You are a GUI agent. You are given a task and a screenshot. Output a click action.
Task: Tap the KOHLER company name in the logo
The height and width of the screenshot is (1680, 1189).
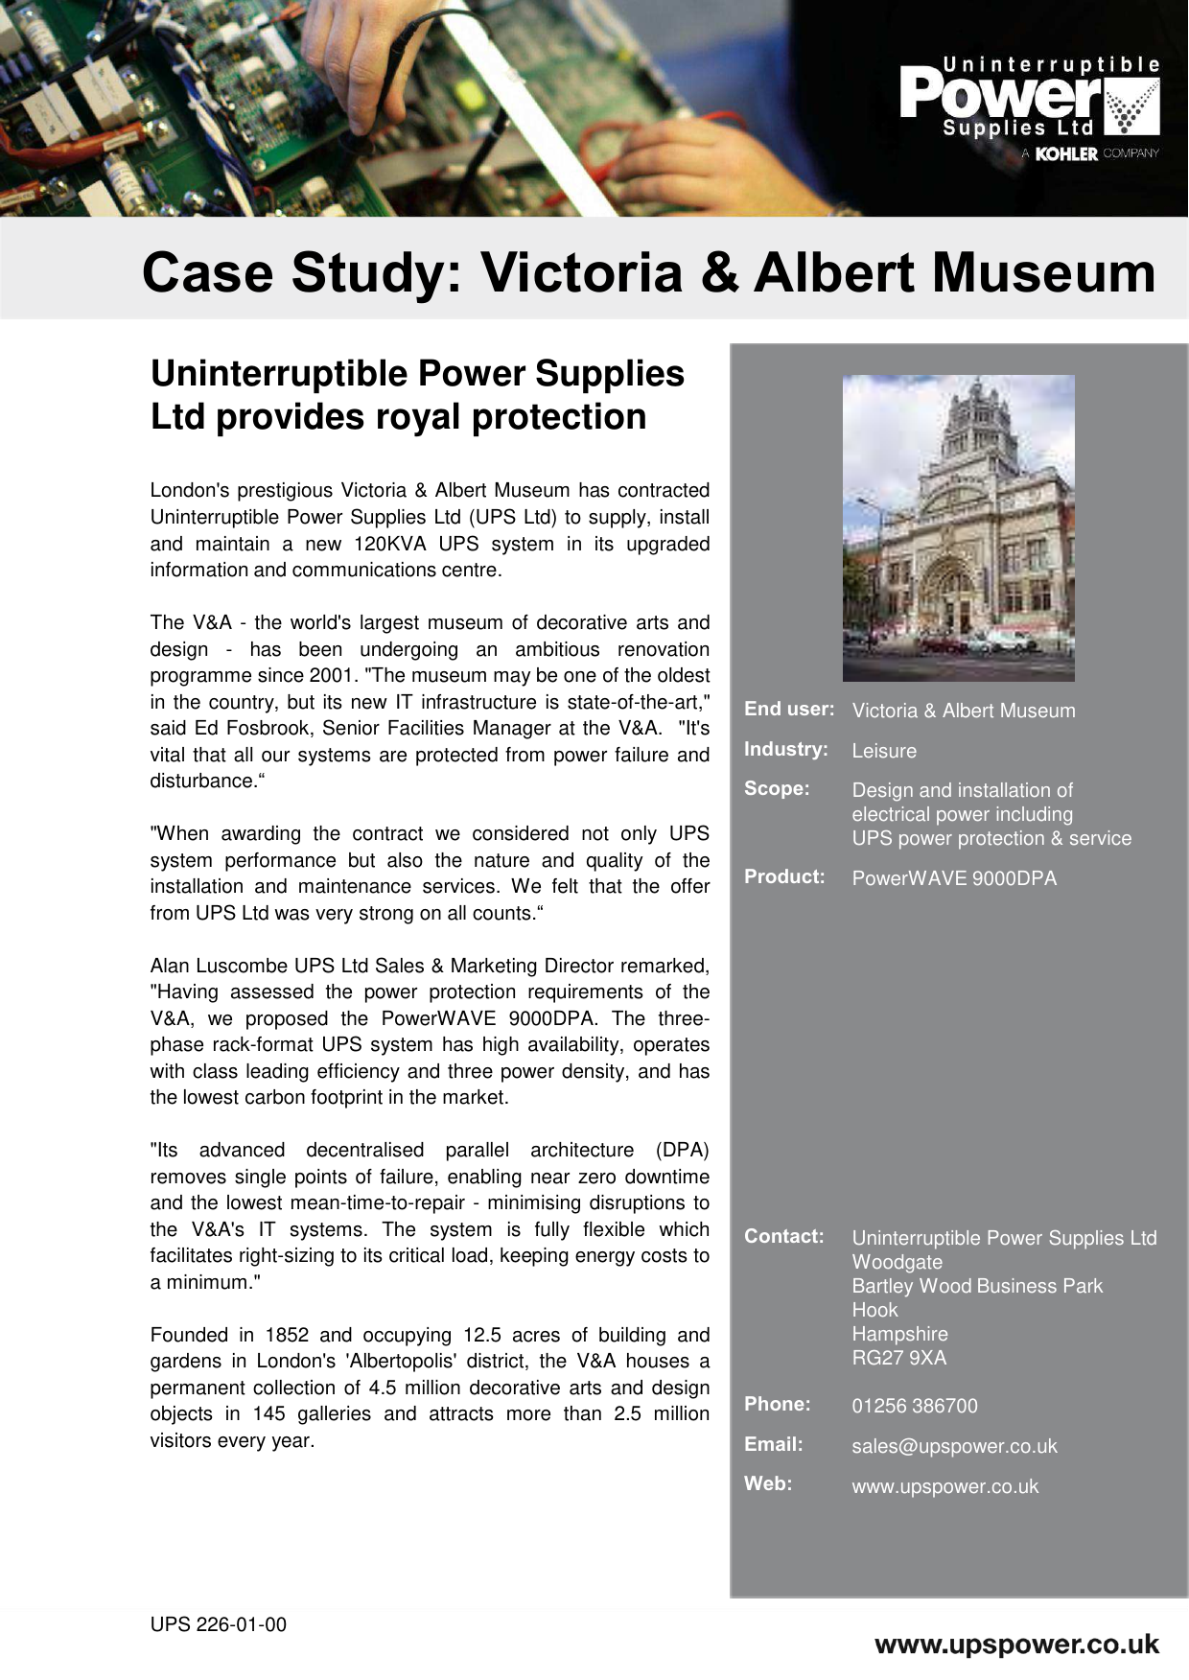point(1066,153)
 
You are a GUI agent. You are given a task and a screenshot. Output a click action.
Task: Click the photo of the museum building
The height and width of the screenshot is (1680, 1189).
point(958,527)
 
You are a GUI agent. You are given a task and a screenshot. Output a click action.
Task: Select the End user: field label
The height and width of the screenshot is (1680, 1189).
point(788,710)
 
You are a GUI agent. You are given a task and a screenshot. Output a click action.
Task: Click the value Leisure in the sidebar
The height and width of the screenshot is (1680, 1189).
point(884,751)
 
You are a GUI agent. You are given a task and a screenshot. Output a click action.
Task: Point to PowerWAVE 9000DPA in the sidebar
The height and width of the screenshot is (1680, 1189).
point(954,878)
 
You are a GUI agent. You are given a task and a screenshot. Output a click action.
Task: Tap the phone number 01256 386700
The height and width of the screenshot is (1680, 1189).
point(915,1406)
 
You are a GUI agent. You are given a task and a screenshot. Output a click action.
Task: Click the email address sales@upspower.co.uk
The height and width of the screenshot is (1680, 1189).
point(954,1446)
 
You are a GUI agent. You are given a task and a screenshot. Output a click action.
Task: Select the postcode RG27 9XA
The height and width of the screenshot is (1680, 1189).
point(898,1358)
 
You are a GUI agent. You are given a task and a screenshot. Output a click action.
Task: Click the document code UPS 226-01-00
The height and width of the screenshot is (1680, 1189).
point(218,1624)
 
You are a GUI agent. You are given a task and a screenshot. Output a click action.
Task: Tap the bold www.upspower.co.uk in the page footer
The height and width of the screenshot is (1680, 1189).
point(1016,1645)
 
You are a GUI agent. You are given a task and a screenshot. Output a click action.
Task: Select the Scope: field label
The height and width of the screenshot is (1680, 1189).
point(777,788)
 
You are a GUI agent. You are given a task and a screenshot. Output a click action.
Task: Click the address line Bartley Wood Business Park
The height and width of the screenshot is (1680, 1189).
point(977,1286)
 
